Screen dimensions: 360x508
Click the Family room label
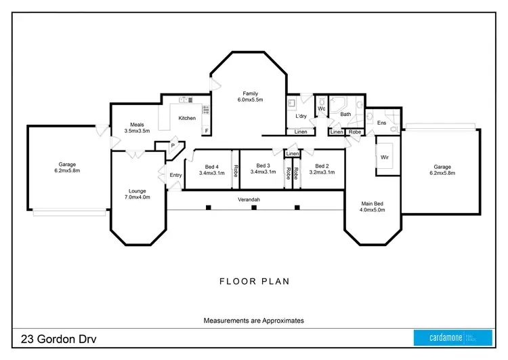point(250,97)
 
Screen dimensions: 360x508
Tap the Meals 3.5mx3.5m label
point(141,127)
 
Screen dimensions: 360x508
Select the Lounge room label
point(137,194)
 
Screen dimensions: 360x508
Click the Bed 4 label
point(211,169)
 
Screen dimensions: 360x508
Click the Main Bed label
point(372,206)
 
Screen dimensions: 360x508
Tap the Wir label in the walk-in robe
point(385,157)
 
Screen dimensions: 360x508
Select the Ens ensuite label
point(381,123)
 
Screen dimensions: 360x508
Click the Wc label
point(322,108)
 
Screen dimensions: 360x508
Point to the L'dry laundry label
point(301,116)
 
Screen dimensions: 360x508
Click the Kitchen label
point(187,118)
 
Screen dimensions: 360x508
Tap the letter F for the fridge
point(206,130)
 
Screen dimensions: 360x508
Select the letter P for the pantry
point(173,144)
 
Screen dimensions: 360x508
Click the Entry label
point(176,176)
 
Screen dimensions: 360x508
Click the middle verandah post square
point(253,207)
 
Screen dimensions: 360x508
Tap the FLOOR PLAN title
point(253,280)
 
